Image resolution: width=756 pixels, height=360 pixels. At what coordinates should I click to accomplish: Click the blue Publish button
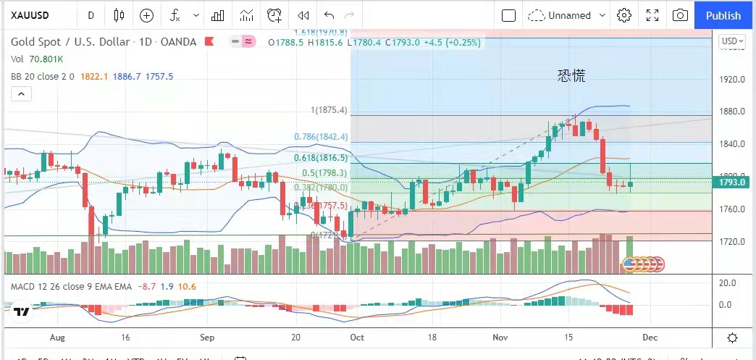(x=723, y=15)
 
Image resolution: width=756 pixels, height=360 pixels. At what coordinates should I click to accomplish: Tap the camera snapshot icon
(x=680, y=15)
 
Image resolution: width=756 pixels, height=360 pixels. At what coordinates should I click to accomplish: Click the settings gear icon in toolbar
(x=624, y=15)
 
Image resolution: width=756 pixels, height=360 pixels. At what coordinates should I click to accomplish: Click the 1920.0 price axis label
(x=731, y=80)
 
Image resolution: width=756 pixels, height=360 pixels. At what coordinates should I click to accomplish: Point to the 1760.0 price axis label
(x=731, y=209)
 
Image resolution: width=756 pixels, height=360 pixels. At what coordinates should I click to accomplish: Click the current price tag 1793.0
(x=731, y=183)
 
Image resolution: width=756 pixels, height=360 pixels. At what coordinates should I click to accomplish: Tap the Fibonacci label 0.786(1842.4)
(x=322, y=136)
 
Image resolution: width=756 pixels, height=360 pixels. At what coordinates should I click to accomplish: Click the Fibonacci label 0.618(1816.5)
(x=321, y=157)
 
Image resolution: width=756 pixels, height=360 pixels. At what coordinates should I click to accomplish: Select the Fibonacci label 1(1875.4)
(x=329, y=110)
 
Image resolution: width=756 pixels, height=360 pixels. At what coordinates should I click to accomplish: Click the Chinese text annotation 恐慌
(x=571, y=75)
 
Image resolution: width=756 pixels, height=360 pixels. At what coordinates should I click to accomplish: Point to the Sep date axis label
(x=207, y=338)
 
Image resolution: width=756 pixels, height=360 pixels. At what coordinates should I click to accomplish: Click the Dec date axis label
(x=650, y=338)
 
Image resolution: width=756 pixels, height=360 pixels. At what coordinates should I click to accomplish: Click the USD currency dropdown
(x=731, y=41)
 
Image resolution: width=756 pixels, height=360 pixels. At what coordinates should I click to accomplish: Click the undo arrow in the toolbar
(x=329, y=15)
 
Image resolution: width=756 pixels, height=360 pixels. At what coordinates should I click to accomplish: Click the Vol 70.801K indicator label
(x=37, y=59)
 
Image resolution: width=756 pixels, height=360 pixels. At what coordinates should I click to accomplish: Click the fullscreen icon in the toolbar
(x=652, y=15)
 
